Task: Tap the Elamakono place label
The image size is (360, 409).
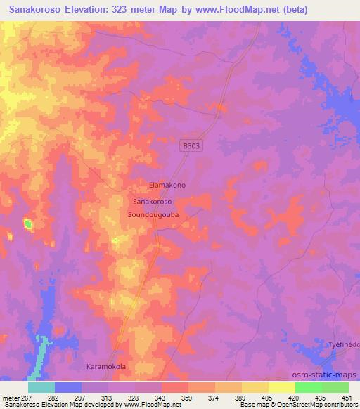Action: coord(167,185)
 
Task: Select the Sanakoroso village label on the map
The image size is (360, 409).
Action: coord(152,201)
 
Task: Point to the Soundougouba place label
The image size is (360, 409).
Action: coord(159,216)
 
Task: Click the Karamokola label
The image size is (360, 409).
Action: coord(105,367)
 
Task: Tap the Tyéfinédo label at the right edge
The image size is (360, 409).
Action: coord(345,344)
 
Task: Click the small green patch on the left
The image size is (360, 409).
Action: coord(28,224)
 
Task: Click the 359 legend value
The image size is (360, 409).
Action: coord(188,398)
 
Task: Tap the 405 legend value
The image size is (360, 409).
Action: coord(269,398)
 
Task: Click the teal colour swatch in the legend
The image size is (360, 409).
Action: coord(41,387)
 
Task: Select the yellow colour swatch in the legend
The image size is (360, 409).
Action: coord(281,387)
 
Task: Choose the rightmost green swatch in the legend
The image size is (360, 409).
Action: coord(335,387)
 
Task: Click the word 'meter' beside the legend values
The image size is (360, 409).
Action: coord(9,398)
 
